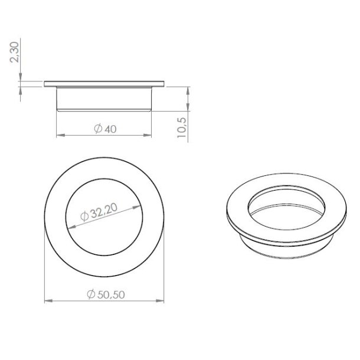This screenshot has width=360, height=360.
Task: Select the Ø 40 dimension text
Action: click(x=104, y=129)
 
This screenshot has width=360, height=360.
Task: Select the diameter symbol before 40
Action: click(x=97, y=129)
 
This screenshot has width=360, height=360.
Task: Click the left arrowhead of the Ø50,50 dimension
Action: click(x=49, y=302)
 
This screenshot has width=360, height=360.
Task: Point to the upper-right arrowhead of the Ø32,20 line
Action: click(x=140, y=204)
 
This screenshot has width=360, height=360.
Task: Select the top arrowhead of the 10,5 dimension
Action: click(x=188, y=90)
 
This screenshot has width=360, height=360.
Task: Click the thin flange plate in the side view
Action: click(x=104, y=83)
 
